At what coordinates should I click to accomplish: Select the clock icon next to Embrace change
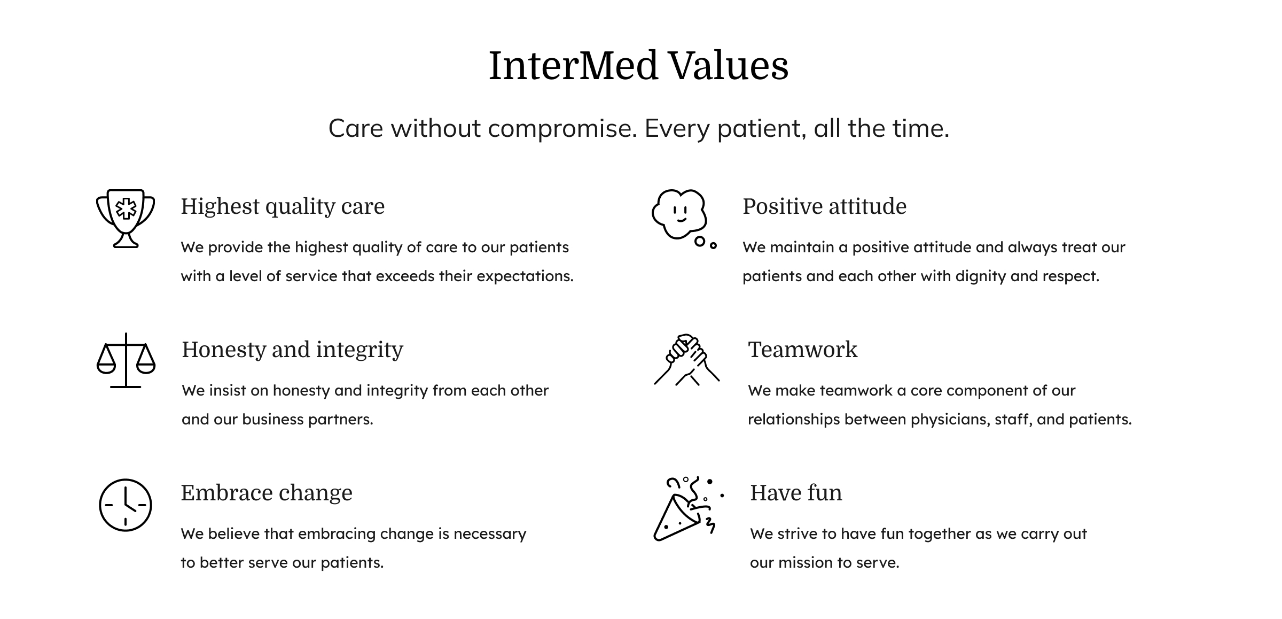coord(126,505)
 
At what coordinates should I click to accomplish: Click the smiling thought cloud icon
coord(679,214)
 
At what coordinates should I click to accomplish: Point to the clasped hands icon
coord(686,360)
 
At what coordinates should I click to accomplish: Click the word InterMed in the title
coord(573,66)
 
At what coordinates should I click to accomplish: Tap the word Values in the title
coord(729,66)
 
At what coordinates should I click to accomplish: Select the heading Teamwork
coord(802,350)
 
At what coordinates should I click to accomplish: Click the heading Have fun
coord(795,493)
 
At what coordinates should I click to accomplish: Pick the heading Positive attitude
coord(824,206)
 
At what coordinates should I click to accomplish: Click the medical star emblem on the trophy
coord(126,209)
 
